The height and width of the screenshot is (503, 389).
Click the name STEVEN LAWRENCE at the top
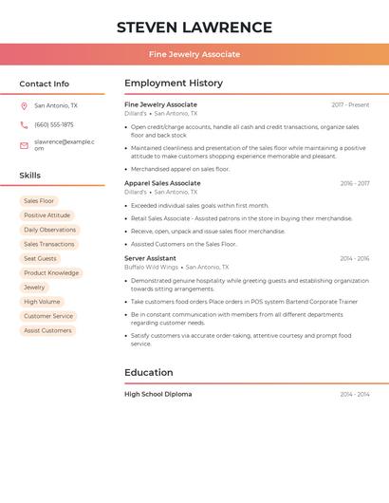pyautogui.click(x=194, y=28)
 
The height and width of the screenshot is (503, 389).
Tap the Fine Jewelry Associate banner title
pyautogui.click(x=194, y=54)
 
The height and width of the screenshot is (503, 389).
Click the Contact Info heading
pyautogui.click(x=45, y=84)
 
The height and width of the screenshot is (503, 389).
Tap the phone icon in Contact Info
pyautogui.click(x=24, y=124)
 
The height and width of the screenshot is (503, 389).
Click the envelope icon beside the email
pyautogui.click(x=24, y=145)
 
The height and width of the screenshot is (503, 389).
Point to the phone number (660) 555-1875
pyautogui.click(x=53, y=124)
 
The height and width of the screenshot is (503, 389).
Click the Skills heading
pyautogui.click(x=30, y=176)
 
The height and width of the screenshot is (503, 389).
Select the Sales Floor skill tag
pyautogui.click(x=39, y=201)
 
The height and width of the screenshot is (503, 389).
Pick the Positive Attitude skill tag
pyautogui.click(x=46, y=215)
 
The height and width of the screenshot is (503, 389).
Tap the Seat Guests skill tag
pyautogui.click(x=40, y=258)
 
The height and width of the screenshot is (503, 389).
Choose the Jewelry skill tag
pyautogui.click(x=34, y=287)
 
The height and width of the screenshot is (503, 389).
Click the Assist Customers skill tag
pyautogui.click(x=47, y=330)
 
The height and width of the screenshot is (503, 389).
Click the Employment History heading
pyautogui.click(x=174, y=84)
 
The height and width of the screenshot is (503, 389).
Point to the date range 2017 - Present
pyautogui.click(x=350, y=104)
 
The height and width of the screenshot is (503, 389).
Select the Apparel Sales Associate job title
pyautogui.click(x=162, y=183)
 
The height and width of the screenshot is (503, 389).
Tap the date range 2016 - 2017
pyautogui.click(x=355, y=183)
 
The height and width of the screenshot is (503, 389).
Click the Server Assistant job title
pyautogui.click(x=150, y=258)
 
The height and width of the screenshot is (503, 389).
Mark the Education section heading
pyautogui.click(x=149, y=373)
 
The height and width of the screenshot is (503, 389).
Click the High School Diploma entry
pyautogui.click(x=157, y=394)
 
